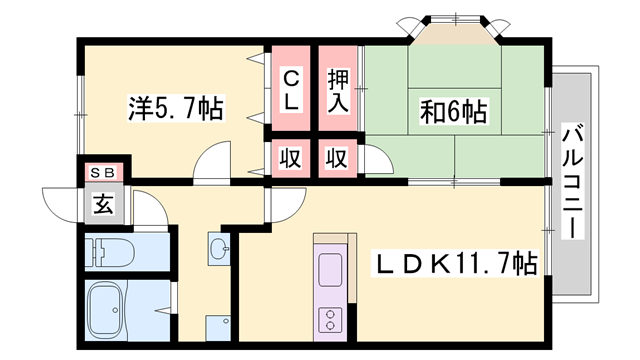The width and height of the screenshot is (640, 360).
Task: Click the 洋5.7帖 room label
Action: point(174,105)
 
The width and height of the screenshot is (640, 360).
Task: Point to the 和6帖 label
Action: point(453,110)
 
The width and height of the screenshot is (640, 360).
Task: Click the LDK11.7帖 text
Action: point(456,264)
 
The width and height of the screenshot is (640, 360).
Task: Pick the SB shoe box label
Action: point(103,172)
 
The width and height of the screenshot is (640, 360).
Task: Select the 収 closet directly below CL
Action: point(291,158)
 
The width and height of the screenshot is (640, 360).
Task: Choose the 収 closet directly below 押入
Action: point(338,158)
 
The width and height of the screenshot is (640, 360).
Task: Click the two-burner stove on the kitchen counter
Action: point(329,319)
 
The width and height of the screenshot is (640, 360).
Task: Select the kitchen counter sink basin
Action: point(329,270)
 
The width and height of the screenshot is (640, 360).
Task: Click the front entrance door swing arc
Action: point(60,204)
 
